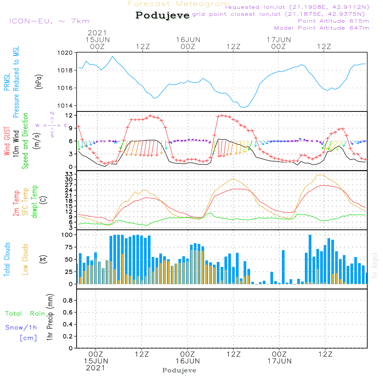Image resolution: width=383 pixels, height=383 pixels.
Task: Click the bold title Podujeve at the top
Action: (x=162, y=15)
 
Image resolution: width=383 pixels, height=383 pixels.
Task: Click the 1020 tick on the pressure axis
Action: (x=65, y=53)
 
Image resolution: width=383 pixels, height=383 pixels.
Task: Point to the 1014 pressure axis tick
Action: (x=65, y=106)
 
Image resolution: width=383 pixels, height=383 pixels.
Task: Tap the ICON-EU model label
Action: (x=49, y=21)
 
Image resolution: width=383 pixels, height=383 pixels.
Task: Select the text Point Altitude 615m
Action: (x=333, y=21)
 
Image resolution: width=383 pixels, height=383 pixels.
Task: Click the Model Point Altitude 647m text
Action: (x=321, y=28)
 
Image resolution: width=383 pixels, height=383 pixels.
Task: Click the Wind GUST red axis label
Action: (x=7, y=141)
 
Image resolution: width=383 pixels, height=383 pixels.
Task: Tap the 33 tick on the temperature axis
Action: (x=69, y=174)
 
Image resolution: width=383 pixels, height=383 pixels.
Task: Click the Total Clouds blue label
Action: (x=7, y=259)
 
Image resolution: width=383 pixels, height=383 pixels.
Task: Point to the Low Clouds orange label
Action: (x=25, y=259)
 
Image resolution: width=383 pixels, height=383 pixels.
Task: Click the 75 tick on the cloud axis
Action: (x=69, y=247)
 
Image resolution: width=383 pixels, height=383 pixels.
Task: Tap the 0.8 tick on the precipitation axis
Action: (x=68, y=300)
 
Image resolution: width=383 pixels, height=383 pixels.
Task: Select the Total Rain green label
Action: (x=25, y=313)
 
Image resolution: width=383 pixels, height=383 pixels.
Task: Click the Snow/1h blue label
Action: (x=21, y=327)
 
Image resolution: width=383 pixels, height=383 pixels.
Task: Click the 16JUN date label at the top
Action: (x=188, y=39)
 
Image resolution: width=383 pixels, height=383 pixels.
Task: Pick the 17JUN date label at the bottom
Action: (x=280, y=361)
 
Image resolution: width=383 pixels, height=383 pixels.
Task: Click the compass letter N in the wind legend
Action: (x=52, y=113)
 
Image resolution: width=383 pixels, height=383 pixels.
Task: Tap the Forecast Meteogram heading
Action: (x=178, y=4)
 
